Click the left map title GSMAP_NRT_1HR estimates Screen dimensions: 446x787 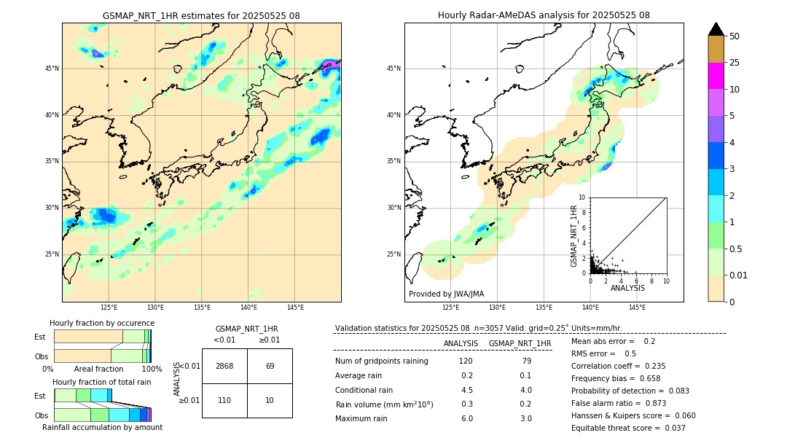point(201,15)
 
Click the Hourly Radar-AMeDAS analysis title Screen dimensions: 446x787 point(544,15)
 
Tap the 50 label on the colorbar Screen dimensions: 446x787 point(735,36)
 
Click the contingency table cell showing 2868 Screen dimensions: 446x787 point(224,366)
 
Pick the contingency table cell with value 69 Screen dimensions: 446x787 point(270,366)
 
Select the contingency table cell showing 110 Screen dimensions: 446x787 point(224,401)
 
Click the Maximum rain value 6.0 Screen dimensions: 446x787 point(466,418)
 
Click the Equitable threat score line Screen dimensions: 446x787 point(628,428)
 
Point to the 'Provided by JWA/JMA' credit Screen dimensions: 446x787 point(446,294)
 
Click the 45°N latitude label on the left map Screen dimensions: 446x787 point(52,69)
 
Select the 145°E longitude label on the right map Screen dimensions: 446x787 point(637,308)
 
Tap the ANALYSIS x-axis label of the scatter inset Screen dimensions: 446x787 point(627,288)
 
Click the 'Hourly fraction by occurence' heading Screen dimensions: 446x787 point(102,323)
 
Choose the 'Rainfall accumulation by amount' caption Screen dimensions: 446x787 point(102,427)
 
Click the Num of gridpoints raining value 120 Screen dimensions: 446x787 point(466,361)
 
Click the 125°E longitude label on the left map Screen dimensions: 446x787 point(109,308)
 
